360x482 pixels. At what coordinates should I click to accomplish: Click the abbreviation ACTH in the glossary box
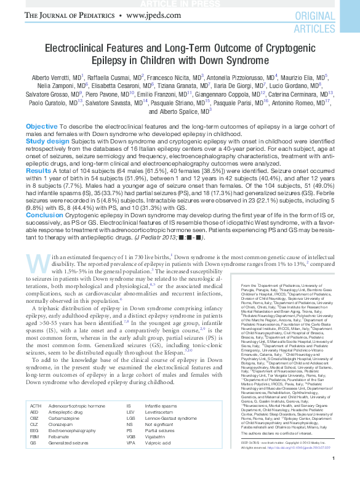(36, 406)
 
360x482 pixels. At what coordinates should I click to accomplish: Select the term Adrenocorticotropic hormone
(76, 406)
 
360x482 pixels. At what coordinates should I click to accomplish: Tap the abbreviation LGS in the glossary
(130, 419)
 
